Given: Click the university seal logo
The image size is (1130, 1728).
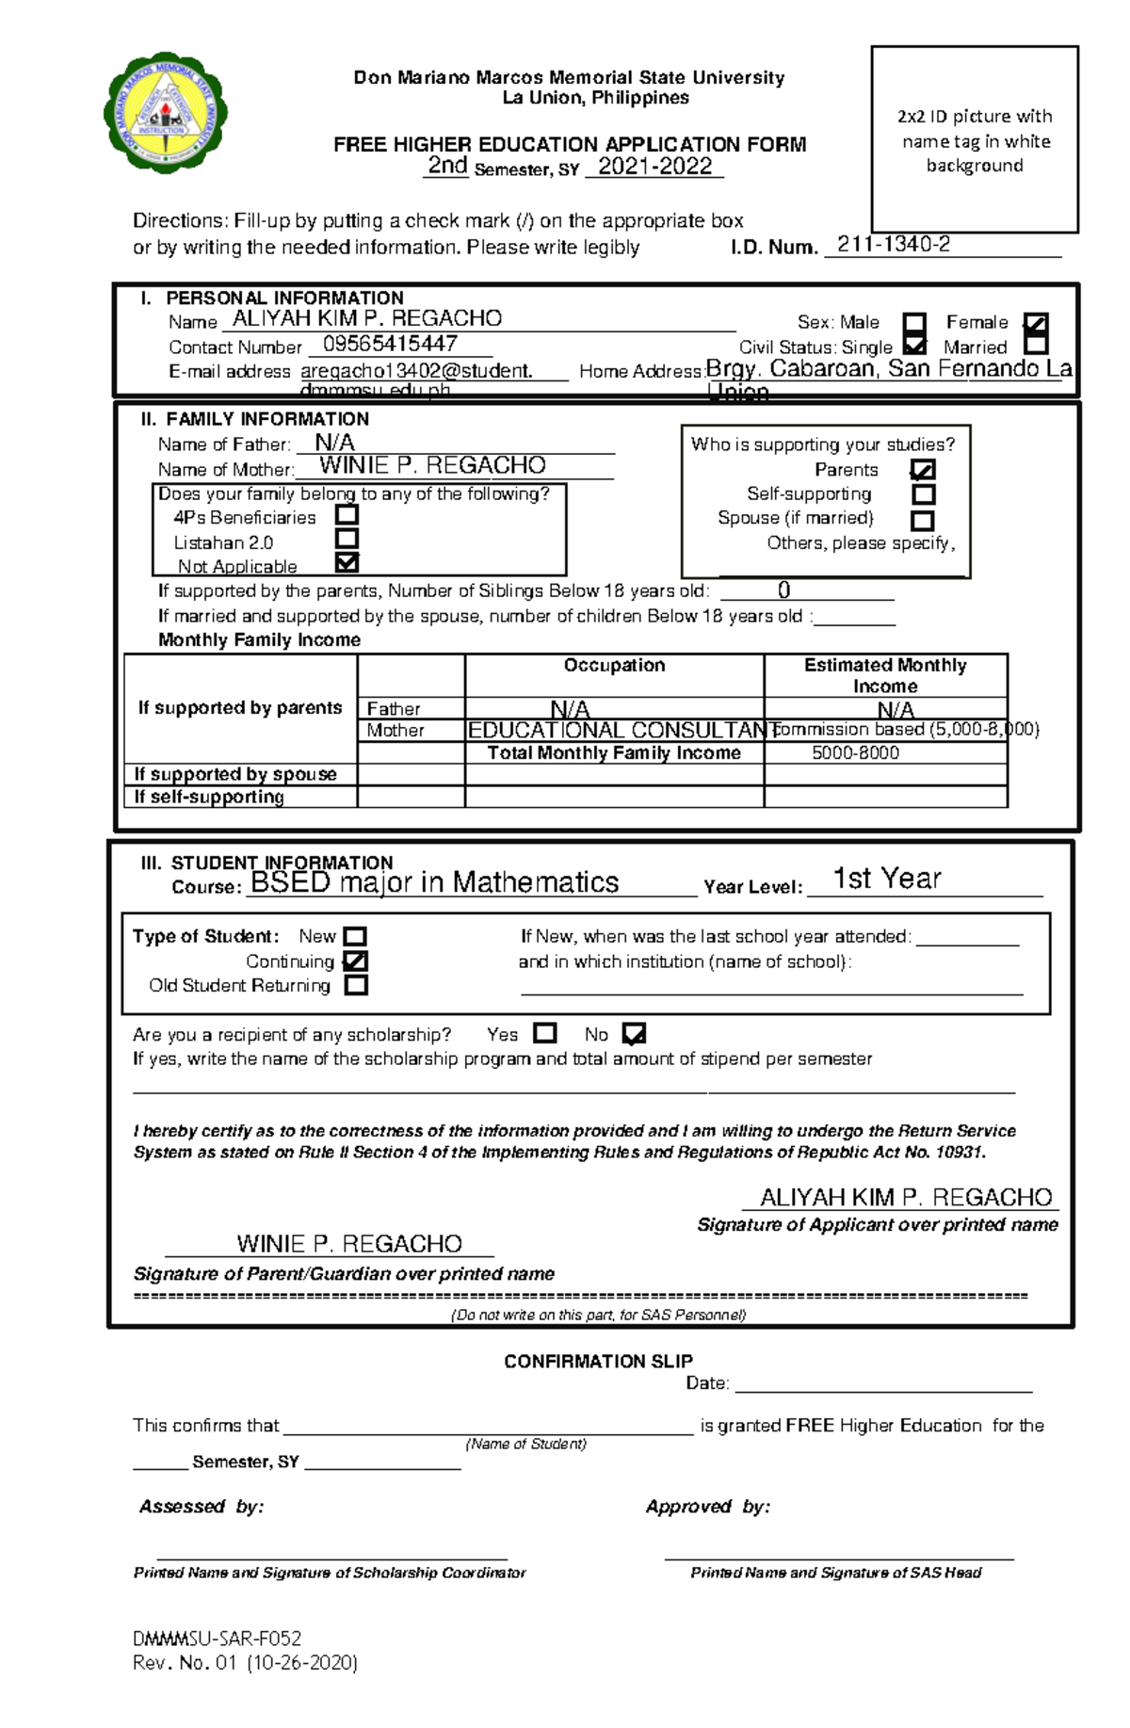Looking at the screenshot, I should pos(166,112).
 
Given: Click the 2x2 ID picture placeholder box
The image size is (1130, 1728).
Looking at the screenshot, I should pos(974,139).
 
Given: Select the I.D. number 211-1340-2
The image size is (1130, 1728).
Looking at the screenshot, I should pos(893,245).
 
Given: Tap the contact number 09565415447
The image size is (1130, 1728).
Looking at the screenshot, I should pos(390,344).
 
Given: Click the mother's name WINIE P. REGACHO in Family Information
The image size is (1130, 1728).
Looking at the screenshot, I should pos(432,465).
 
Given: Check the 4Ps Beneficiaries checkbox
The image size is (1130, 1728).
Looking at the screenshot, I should pos(347,515).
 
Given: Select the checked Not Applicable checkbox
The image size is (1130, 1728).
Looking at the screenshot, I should pos(347,563).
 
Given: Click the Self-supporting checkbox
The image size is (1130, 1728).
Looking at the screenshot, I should pos(924,494).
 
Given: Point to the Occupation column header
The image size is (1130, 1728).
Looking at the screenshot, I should pos(614,665).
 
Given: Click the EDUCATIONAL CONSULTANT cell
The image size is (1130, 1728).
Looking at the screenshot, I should pos(614,730).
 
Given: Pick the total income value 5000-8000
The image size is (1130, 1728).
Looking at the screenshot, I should pos(855,752).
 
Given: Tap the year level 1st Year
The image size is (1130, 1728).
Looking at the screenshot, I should pos(886,879).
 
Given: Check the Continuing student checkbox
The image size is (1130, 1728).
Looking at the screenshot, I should pos(356,961).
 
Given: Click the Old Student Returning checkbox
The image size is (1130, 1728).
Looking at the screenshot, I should pos(356,986).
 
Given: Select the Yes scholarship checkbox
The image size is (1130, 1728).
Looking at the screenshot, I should pos(544,1033).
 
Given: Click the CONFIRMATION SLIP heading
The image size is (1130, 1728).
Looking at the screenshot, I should pos(598,1361).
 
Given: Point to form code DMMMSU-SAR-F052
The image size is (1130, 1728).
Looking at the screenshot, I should pos(217,1639).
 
